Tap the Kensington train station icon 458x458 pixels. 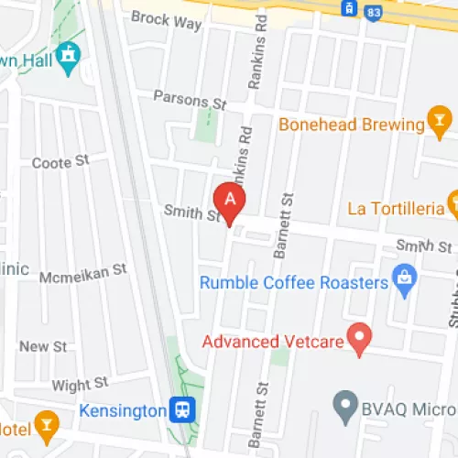click(x=182, y=409)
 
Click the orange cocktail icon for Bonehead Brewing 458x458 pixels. click(x=440, y=122)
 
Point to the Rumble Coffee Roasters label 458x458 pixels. click(x=294, y=283)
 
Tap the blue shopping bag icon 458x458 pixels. click(x=404, y=276)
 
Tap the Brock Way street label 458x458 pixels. click(x=166, y=22)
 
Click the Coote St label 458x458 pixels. click(x=60, y=162)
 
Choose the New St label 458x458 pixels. click(x=43, y=346)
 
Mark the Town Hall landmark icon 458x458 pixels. click(x=67, y=57)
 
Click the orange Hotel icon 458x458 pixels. click(x=45, y=422)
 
